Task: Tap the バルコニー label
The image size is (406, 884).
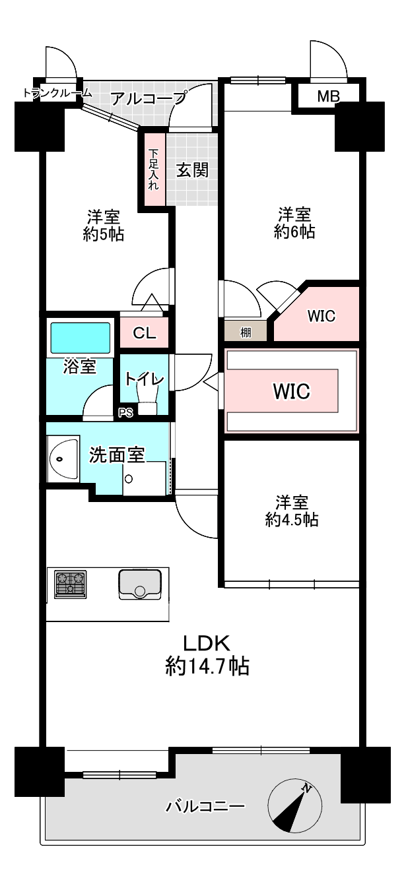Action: (x=205, y=806)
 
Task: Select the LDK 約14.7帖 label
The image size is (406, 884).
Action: (x=206, y=654)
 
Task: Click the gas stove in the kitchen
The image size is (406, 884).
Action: (x=70, y=584)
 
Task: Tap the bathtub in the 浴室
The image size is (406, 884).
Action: (x=80, y=337)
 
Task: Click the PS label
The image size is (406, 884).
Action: (x=125, y=414)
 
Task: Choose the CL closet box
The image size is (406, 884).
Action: (x=144, y=333)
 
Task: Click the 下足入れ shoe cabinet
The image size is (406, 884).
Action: (x=153, y=170)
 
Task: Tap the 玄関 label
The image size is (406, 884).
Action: (x=192, y=170)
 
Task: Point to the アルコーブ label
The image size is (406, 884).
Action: (x=148, y=99)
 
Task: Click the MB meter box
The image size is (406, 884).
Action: (x=328, y=97)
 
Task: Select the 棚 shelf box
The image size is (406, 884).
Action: (x=246, y=332)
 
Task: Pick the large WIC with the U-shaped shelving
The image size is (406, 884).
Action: (x=291, y=391)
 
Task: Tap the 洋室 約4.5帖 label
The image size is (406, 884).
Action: (x=292, y=511)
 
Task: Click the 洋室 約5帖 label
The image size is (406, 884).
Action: (x=104, y=225)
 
